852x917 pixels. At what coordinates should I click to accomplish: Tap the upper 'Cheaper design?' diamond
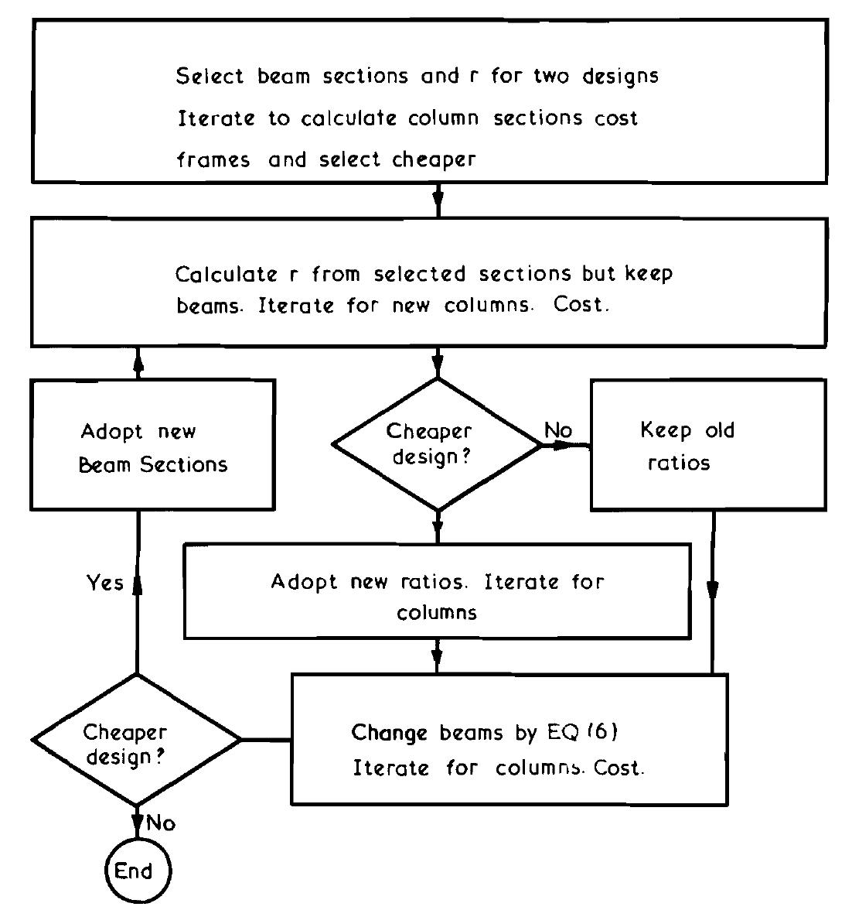pyautogui.click(x=437, y=444)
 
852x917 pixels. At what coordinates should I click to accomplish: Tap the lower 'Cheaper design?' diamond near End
pyautogui.click(x=136, y=741)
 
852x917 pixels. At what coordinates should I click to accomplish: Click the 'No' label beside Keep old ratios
pyautogui.click(x=558, y=430)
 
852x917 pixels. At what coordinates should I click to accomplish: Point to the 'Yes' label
pyautogui.click(x=104, y=582)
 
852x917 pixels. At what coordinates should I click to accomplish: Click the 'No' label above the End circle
pyautogui.click(x=161, y=823)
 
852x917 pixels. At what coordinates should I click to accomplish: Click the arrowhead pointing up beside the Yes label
pyautogui.click(x=137, y=580)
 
